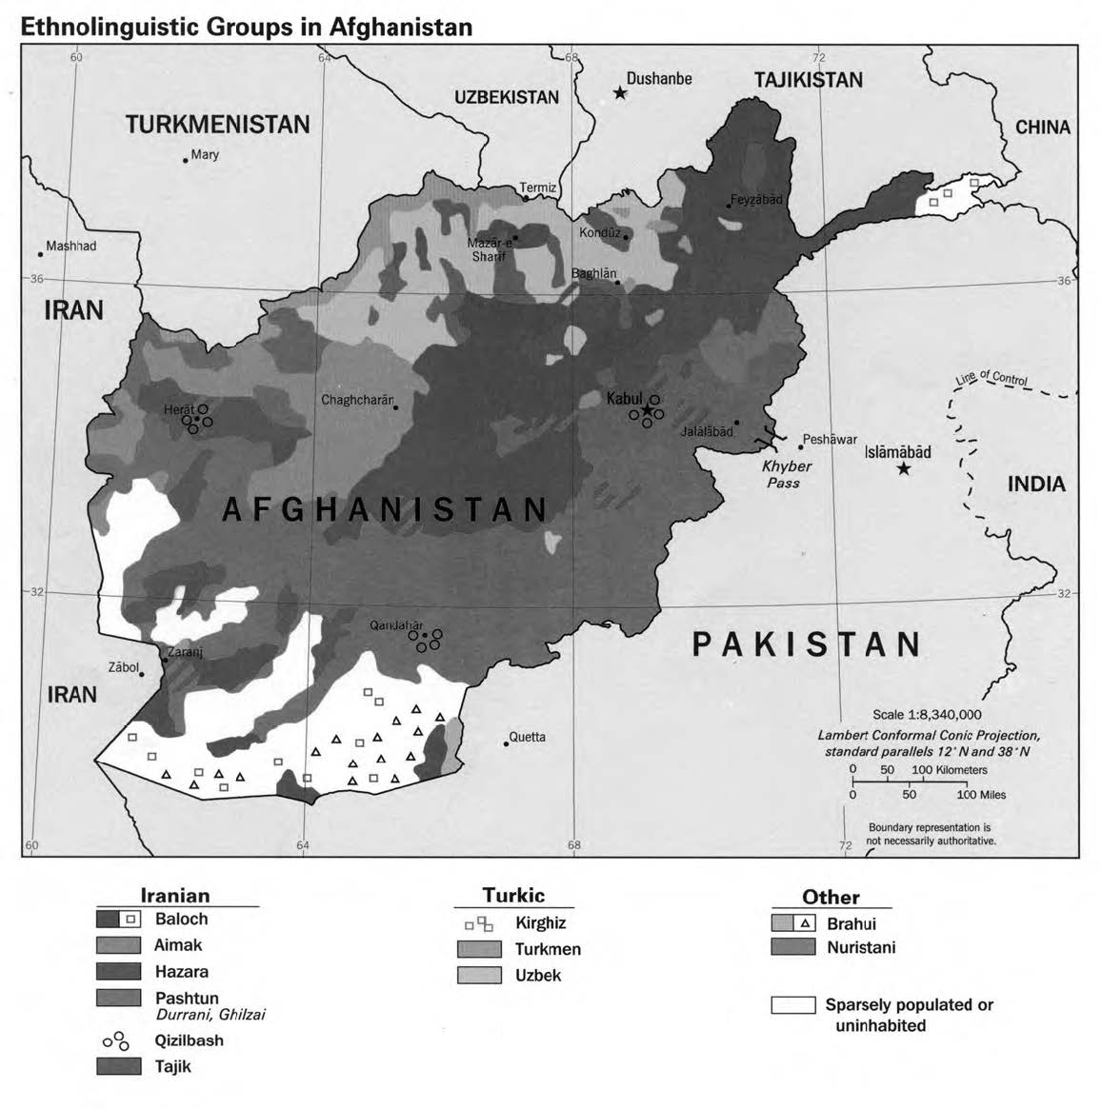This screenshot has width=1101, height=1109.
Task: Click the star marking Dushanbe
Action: tap(620, 93)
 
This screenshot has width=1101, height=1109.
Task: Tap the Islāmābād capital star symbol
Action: tap(903, 468)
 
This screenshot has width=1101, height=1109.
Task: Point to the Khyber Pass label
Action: tap(787, 474)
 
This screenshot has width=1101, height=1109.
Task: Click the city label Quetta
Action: tap(527, 737)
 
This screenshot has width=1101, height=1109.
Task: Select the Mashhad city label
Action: tap(71, 246)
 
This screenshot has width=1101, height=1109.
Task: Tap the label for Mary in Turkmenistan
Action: tap(205, 154)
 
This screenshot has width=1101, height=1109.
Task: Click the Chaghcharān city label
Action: tap(356, 400)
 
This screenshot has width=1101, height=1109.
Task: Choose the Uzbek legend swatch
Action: tap(479, 975)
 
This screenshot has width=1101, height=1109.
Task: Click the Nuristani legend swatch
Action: tap(793, 947)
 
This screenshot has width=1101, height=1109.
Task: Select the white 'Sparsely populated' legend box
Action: tap(793, 1005)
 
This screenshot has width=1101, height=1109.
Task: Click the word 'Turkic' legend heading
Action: tap(513, 895)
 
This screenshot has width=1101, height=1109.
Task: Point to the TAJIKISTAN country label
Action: tap(808, 80)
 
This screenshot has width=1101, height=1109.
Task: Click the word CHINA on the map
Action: tap(1042, 127)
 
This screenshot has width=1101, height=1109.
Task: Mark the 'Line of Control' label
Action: tap(991, 378)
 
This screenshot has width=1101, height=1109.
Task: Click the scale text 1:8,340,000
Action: tap(927, 715)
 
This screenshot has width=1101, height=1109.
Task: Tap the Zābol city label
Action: tap(123, 667)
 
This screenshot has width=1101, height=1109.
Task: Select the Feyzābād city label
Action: tap(756, 200)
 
